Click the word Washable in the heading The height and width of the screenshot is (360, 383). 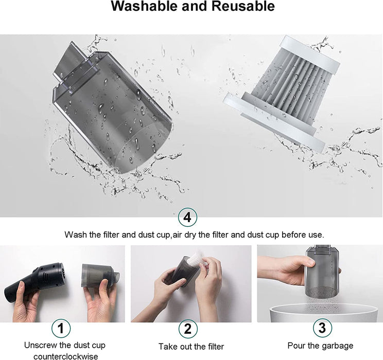click(144, 6)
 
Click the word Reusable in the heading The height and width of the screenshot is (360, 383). click(243, 6)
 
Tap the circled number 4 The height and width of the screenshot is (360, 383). click(187, 217)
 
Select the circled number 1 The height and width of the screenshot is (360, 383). click(61, 328)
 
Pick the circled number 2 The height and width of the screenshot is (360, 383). click(187, 329)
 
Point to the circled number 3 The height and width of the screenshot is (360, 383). click(322, 328)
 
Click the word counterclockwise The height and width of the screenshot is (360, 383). click(66, 356)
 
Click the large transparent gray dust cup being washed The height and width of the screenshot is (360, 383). click(111, 110)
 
